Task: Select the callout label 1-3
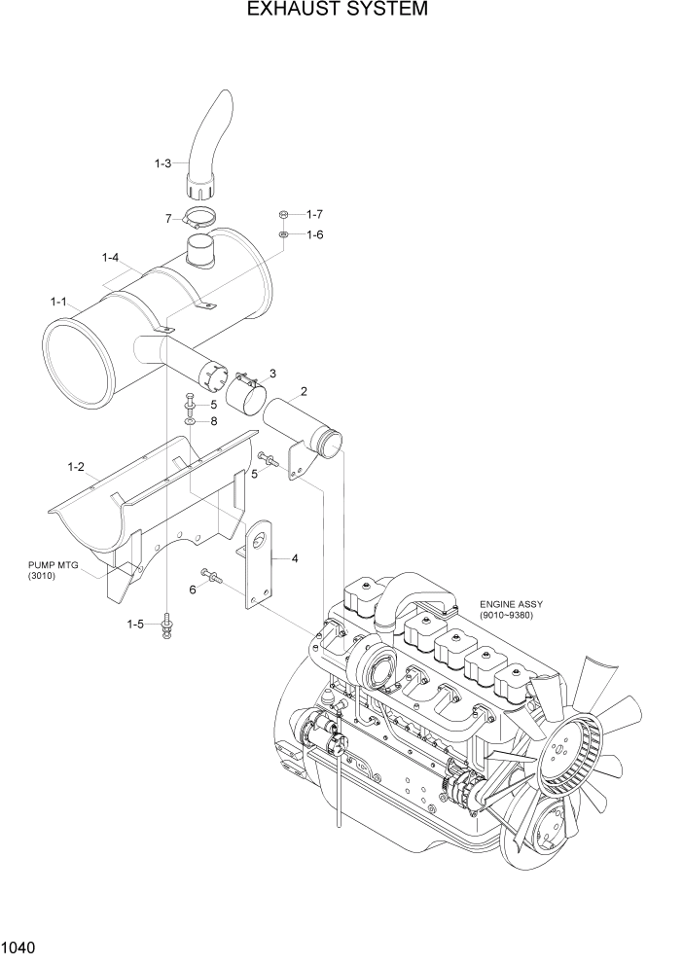(x=163, y=164)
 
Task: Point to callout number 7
(x=168, y=220)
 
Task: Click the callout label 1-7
(x=314, y=214)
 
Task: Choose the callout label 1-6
(x=314, y=234)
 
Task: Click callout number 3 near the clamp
(x=272, y=374)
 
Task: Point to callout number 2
(x=304, y=392)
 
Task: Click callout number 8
(x=214, y=421)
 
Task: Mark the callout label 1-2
(x=76, y=468)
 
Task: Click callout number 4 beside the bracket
(x=294, y=558)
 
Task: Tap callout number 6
(x=192, y=590)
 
